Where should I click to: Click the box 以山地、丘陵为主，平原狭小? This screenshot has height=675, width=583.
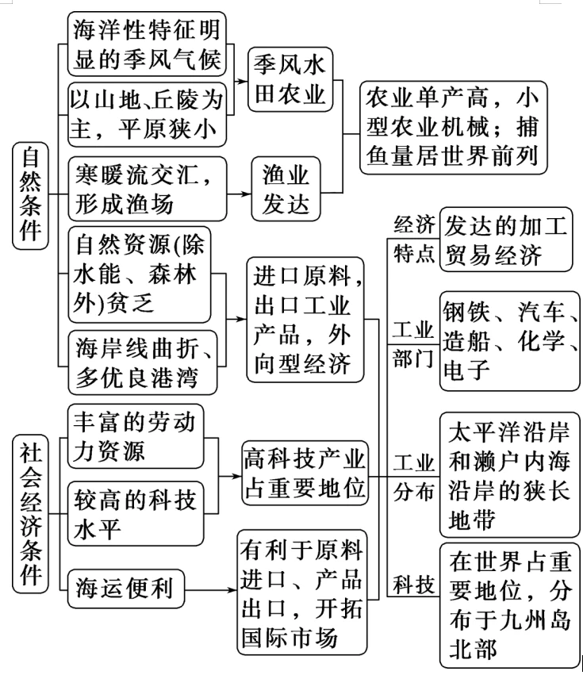[x=147, y=113]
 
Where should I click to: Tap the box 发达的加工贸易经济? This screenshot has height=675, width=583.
[x=505, y=240]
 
